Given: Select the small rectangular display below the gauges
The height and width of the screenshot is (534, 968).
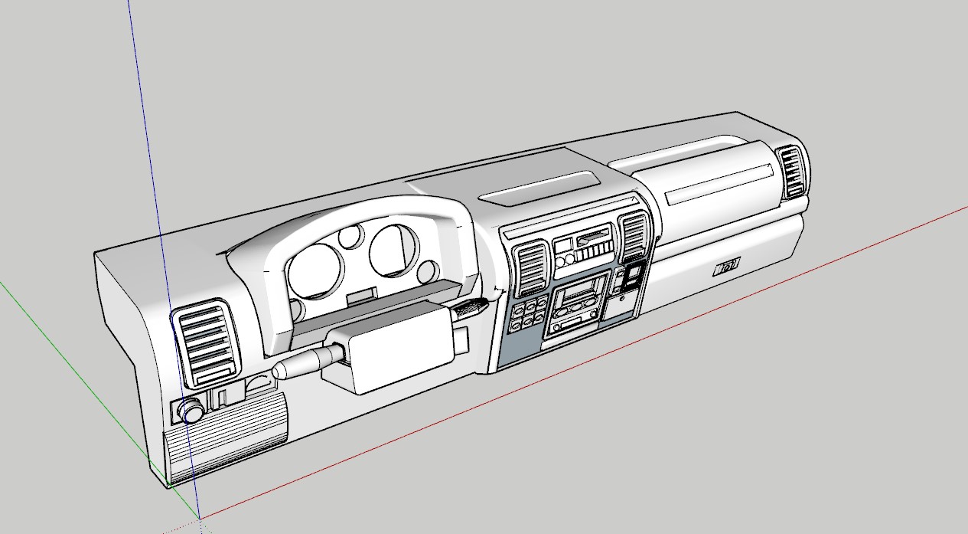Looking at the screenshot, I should [361, 295].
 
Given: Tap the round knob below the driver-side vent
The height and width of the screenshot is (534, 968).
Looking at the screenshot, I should [190, 412].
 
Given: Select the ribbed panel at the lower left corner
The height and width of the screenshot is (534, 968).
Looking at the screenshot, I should [226, 441].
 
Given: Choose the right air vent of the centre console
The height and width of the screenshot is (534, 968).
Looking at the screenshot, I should [634, 237].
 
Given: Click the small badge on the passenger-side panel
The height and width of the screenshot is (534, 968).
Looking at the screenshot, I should [727, 267].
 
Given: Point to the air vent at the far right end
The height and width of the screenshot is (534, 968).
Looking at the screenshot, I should [792, 172].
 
